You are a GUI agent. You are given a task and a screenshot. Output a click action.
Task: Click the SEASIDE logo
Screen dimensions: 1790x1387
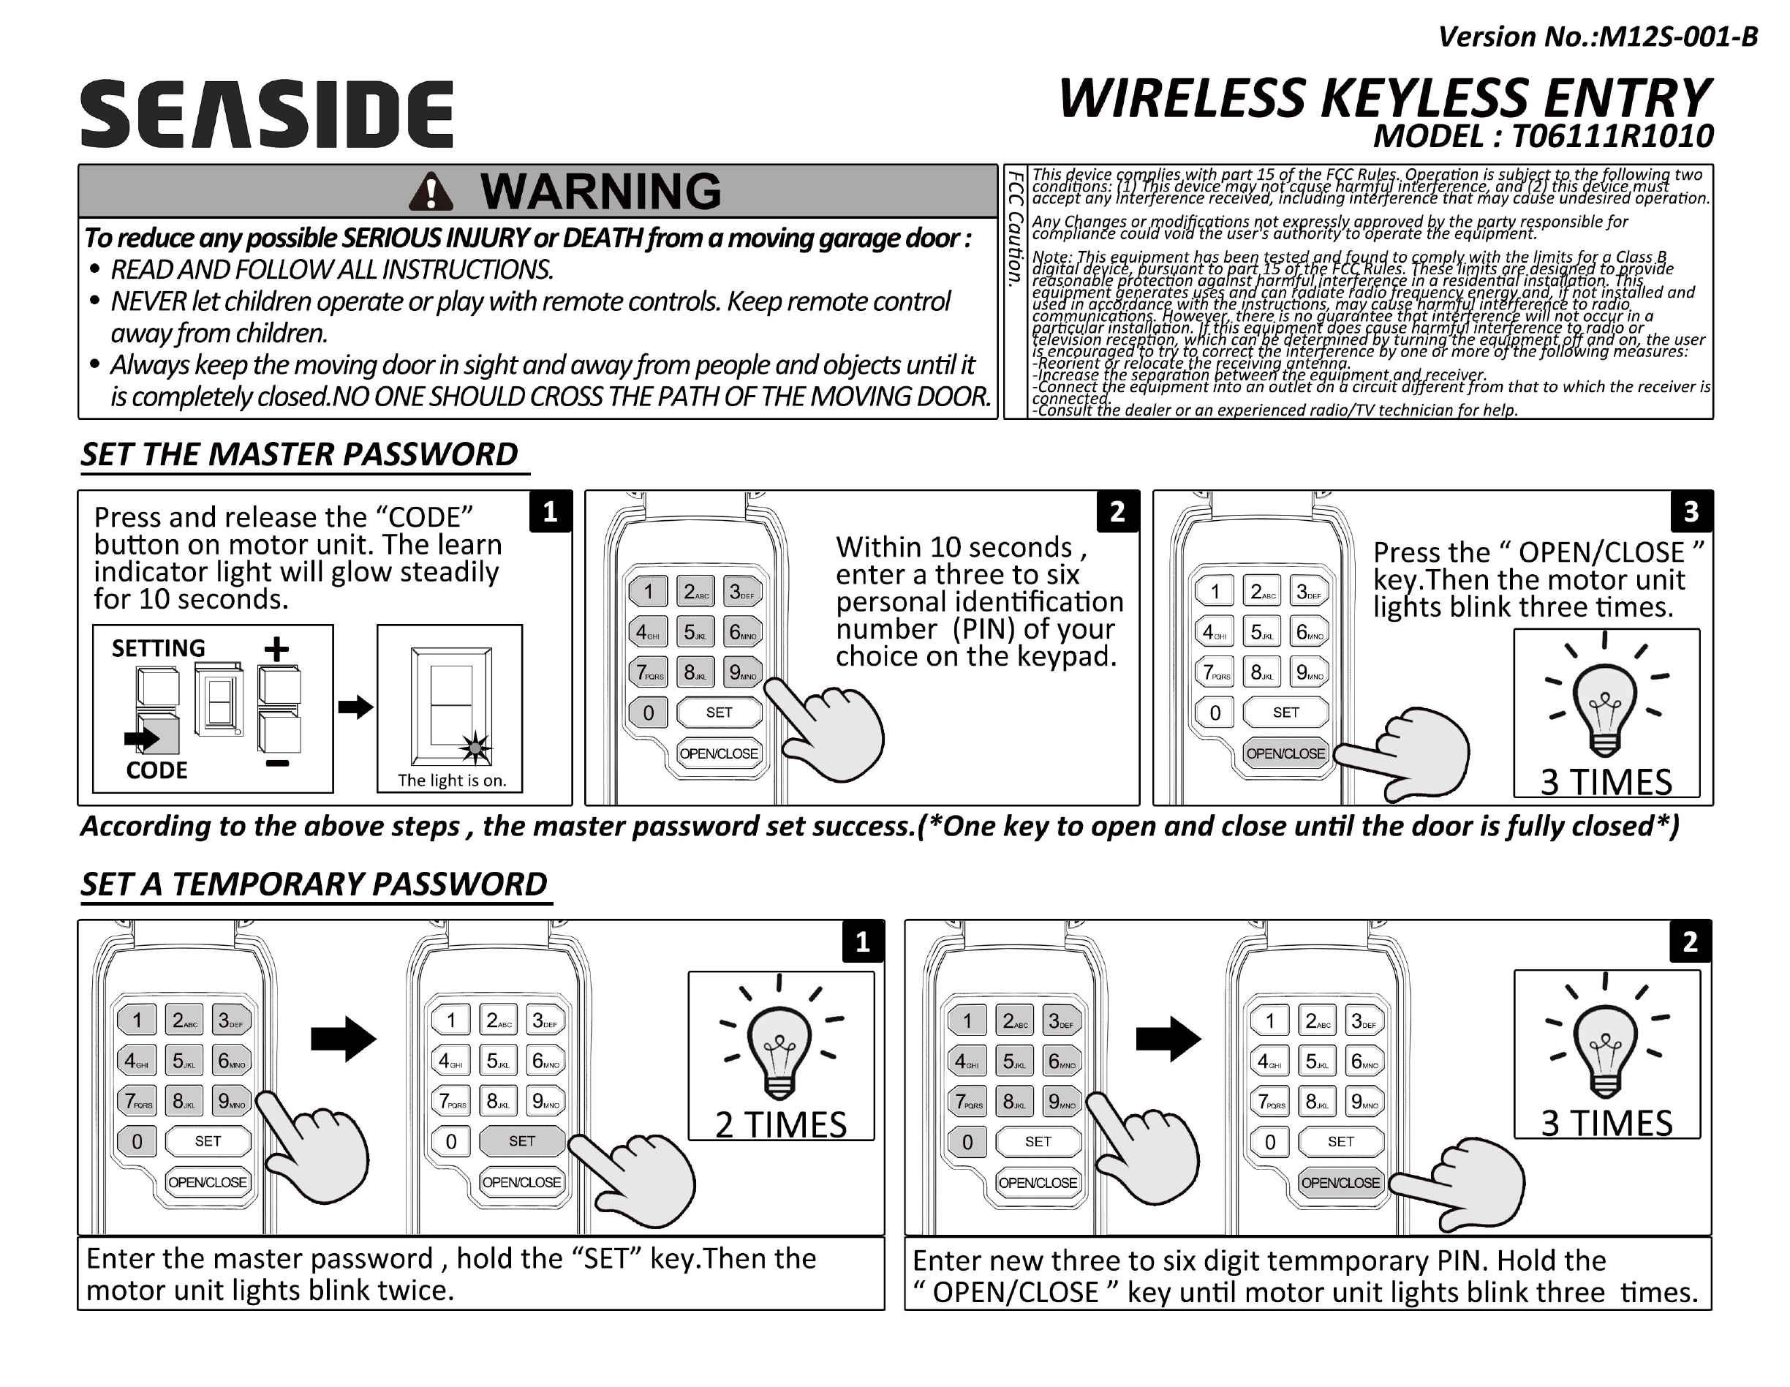click(x=266, y=114)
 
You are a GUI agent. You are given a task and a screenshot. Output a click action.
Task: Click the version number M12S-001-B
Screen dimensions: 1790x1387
click(x=1598, y=37)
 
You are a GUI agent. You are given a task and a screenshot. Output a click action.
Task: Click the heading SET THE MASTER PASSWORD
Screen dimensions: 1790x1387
click(x=299, y=454)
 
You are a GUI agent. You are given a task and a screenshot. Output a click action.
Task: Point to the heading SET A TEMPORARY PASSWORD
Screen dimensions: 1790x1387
click(x=314, y=884)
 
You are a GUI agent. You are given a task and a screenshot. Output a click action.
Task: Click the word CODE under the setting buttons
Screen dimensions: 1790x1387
click(x=156, y=770)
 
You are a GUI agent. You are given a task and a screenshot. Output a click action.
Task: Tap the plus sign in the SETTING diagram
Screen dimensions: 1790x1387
click(x=277, y=649)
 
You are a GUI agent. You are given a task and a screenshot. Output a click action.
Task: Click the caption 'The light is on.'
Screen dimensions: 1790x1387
click(x=452, y=781)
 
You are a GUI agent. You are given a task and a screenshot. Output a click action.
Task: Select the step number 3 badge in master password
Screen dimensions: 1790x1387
click(x=1691, y=512)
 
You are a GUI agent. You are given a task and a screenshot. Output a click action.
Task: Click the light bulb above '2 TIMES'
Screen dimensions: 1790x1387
click(x=779, y=1053)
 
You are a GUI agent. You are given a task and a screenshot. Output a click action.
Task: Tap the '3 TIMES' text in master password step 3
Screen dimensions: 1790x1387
click(x=1606, y=782)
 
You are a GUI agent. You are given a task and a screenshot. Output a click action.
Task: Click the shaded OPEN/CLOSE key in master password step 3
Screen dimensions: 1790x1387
click(x=1285, y=753)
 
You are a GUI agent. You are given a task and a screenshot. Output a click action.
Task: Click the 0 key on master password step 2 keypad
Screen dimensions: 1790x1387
click(x=649, y=713)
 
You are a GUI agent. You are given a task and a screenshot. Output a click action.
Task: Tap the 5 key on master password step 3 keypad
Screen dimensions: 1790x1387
click(x=1261, y=632)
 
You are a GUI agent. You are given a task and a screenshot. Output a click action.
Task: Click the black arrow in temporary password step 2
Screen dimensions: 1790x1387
click(x=1168, y=1040)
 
